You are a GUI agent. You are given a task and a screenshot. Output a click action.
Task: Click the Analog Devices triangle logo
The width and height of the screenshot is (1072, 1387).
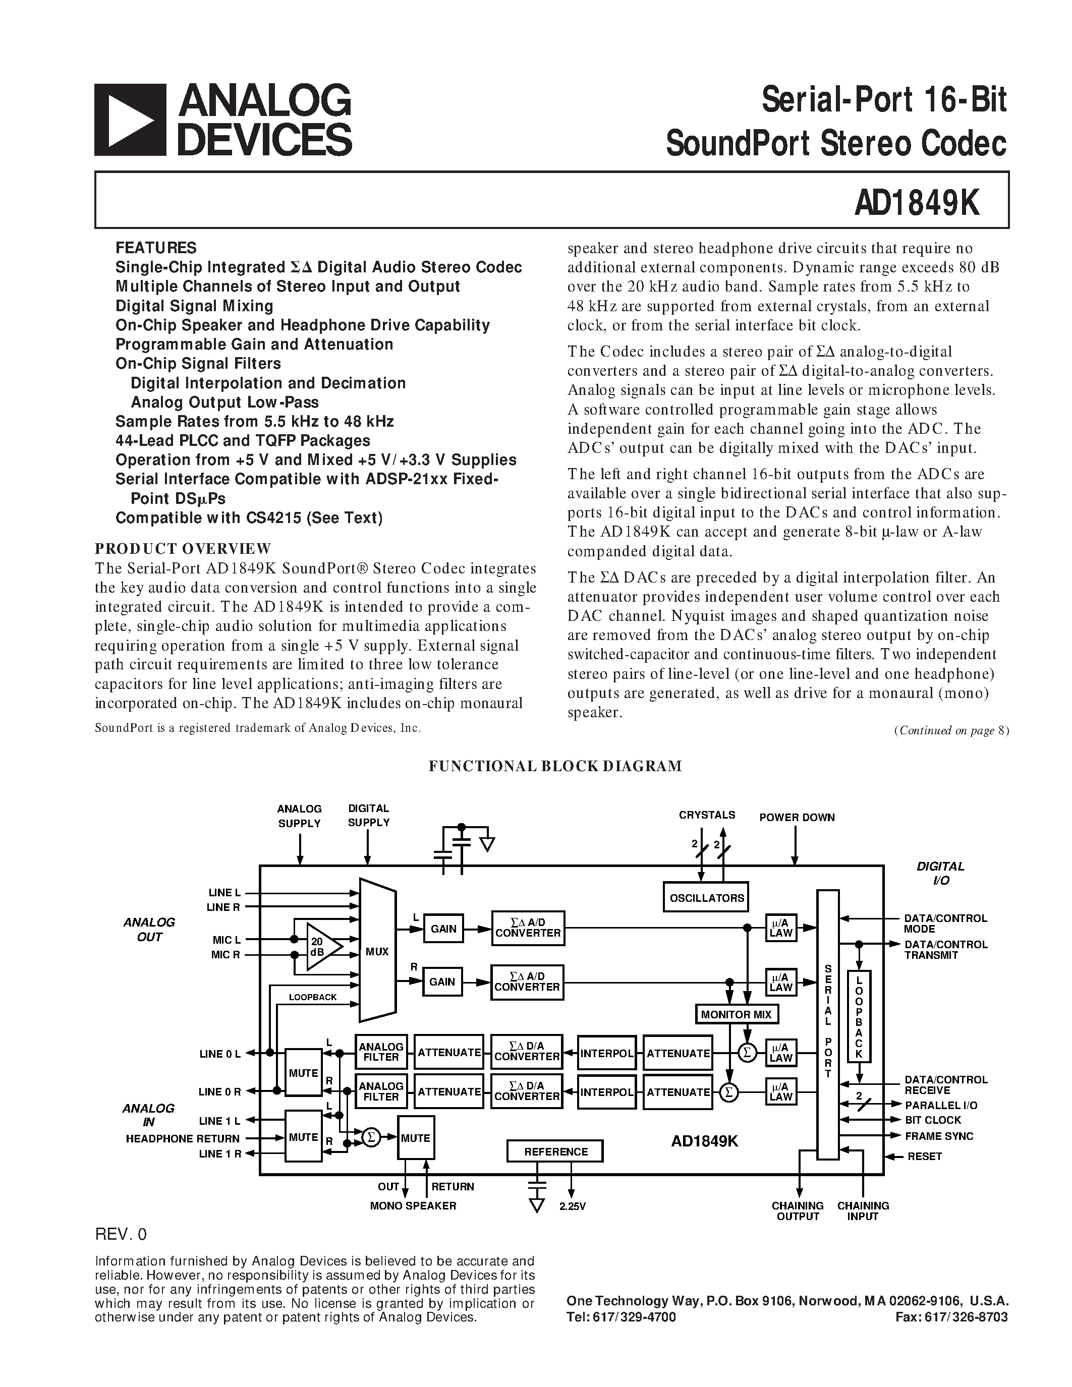130,120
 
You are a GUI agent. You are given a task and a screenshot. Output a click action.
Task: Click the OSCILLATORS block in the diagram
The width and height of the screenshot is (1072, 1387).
706,898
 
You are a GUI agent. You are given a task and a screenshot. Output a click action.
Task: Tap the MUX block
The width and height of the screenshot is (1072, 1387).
377,951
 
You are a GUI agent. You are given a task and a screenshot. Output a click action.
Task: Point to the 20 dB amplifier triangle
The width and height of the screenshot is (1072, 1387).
321,947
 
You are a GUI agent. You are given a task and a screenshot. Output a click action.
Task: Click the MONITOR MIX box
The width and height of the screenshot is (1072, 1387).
736,1014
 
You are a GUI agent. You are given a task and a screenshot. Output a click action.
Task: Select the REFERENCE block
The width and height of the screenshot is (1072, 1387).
555,1151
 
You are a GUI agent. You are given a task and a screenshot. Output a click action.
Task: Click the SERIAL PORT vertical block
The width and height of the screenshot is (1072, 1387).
827,1022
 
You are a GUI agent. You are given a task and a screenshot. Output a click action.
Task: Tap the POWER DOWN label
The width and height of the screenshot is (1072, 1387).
797,818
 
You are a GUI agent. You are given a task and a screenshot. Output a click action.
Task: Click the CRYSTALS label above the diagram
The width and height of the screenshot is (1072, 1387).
707,815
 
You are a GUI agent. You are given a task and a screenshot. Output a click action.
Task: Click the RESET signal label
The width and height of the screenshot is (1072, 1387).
924,1157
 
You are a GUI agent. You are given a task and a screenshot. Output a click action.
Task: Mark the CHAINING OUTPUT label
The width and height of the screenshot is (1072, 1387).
798,1210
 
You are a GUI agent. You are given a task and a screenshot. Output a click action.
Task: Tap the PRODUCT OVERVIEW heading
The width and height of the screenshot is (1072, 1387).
183,548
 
